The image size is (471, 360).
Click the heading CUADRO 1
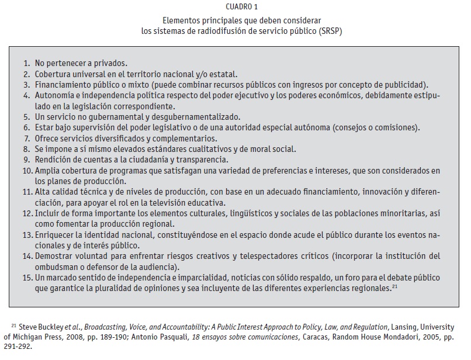pos(235,6)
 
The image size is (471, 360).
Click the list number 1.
pos(27,63)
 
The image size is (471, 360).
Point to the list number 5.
pos(27,117)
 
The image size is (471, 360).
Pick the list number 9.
pos(27,160)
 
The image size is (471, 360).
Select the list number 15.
pos(26,278)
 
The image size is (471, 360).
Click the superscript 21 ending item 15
pos(395,286)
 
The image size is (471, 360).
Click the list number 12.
pos(26,213)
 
